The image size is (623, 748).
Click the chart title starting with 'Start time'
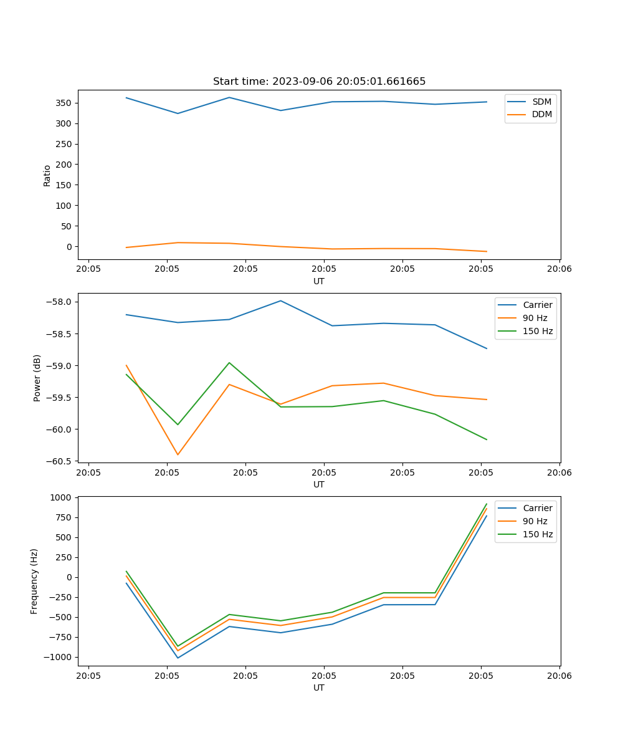tap(319, 82)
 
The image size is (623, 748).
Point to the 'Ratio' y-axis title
tap(47, 176)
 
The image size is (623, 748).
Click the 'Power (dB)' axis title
tap(37, 378)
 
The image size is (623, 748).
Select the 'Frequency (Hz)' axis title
tap(34, 581)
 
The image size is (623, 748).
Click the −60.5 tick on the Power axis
tap(62, 461)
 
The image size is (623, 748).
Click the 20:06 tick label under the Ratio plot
tap(559, 269)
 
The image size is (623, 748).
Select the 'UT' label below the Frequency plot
tap(318, 688)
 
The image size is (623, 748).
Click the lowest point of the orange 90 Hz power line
tap(178, 454)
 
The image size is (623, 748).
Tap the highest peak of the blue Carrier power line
tap(280, 300)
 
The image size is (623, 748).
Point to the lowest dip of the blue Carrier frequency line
tap(178, 658)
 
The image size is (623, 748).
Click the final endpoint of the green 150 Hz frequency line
tap(487, 504)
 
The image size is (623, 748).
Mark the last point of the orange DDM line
tap(487, 252)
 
